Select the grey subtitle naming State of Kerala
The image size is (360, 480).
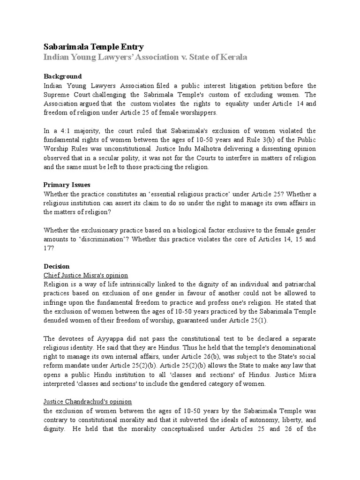coord(145,57)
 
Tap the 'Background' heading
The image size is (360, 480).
coord(62,76)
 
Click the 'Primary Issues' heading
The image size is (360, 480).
coord(67,185)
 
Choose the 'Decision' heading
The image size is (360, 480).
coord(56,266)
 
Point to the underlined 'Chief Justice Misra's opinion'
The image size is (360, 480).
coord(85,275)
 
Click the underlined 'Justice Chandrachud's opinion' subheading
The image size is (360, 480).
coord(87,402)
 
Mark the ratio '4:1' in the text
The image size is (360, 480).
coord(68,131)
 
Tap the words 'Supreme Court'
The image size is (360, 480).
coord(65,95)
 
